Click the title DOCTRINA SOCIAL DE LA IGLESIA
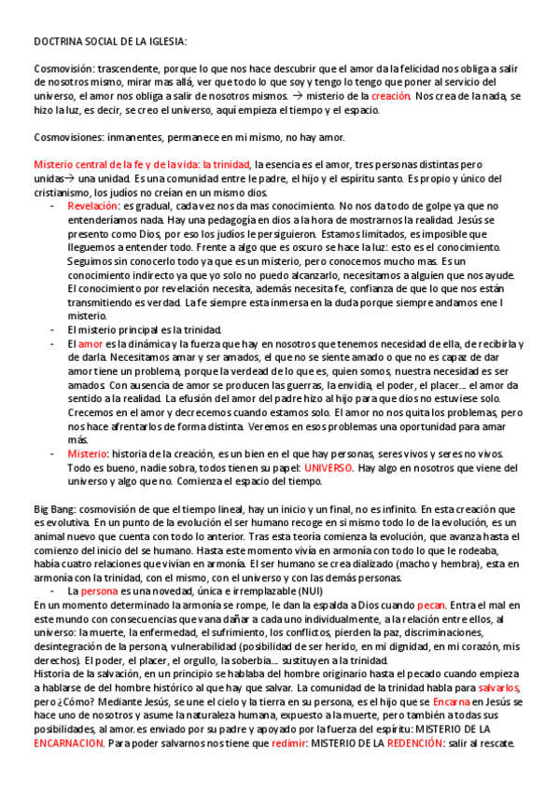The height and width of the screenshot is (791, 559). tap(110, 42)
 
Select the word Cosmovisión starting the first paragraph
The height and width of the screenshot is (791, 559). tap(63, 69)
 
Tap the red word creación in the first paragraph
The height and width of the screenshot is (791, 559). tap(390, 96)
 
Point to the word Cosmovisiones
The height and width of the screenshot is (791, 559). tap(68, 137)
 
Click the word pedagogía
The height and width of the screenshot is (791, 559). tap(225, 219)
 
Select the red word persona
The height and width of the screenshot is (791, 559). tap(99, 591)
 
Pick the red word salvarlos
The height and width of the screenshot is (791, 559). tap(502, 687)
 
